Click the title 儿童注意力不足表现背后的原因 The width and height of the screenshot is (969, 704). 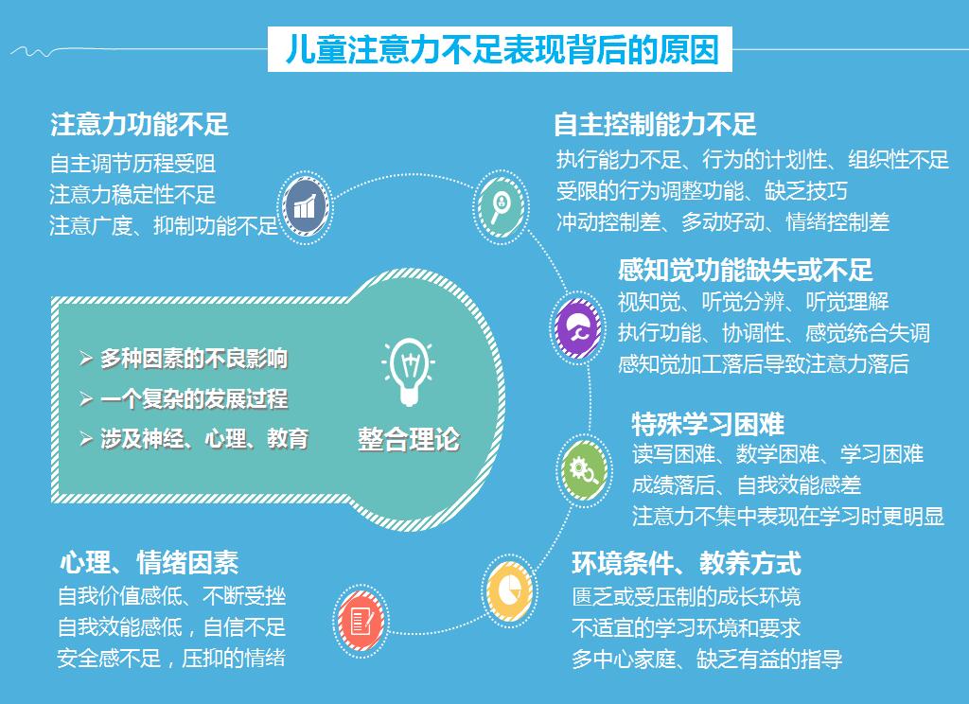pyautogui.click(x=502, y=49)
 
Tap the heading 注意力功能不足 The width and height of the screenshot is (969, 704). pyautogui.click(x=140, y=124)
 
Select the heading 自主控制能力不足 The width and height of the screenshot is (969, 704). pyautogui.click(x=655, y=124)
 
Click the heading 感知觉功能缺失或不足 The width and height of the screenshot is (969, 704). pyautogui.click(x=746, y=270)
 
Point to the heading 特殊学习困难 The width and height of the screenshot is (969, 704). pyautogui.click(x=708, y=424)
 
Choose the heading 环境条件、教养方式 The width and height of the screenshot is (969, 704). pyautogui.click(x=687, y=563)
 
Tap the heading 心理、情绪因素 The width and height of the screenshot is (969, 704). pyautogui.click(x=149, y=563)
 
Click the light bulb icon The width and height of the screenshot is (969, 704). pyautogui.click(x=409, y=372)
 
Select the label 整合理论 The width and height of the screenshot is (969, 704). pyautogui.click(x=409, y=439)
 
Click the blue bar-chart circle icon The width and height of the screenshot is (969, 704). pyautogui.click(x=306, y=207)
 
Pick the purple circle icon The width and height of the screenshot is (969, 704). pyautogui.click(x=577, y=328)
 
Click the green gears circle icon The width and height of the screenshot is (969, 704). pyautogui.click(x=583, y=471)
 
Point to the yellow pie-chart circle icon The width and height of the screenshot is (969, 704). pyautogui.click(x=509, y=590)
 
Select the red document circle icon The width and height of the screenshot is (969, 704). pyautogui.click(x=361, y=621)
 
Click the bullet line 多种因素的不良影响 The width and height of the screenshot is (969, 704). pyautogui.click(x=184, y=359)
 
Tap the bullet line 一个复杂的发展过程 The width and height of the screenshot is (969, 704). pyautogui.click(x=184, y=398)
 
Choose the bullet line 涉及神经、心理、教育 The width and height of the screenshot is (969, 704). pyautogui.click(x=194, y=439)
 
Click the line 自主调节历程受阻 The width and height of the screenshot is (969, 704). pyautogui.click(x=132, y=164)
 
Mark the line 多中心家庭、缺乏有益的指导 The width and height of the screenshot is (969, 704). pyautogui.click(x=707, y=659)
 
